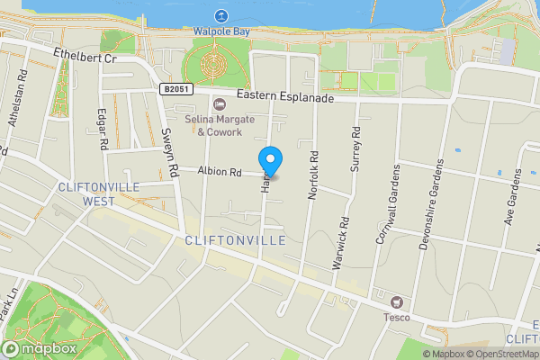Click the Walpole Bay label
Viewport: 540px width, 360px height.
point(221,31)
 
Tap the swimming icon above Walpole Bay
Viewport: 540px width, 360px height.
point(221,15)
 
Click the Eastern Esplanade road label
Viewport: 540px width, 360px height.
point(285,96)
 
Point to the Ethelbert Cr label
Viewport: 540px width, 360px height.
point(85,58)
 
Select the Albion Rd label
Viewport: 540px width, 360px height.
point(220,171)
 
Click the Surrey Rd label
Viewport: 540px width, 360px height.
point(356,143)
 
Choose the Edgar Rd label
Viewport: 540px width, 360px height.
point(103,130)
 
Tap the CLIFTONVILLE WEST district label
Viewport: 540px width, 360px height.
point(85,194)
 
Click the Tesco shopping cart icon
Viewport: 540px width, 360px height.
point(396,301)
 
